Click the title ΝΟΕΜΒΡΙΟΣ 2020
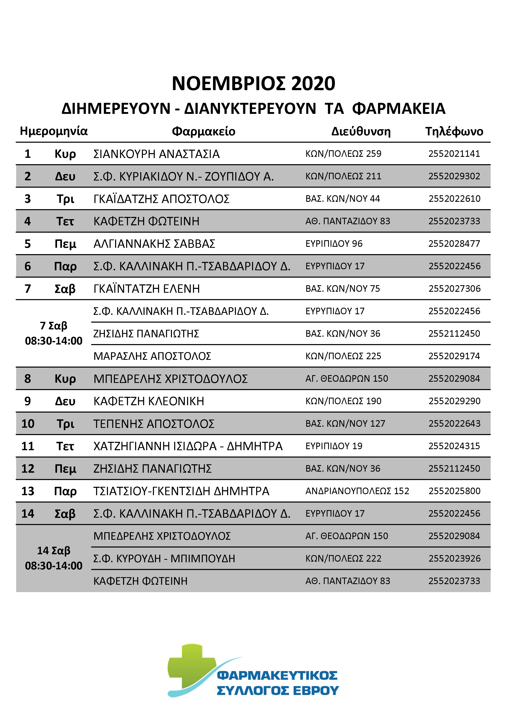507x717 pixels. (253, 83)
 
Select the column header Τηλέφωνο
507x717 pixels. (454, 131)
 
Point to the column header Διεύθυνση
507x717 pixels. (361, 131)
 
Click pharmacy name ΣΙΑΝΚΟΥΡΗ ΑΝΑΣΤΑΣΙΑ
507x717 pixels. (156, 154)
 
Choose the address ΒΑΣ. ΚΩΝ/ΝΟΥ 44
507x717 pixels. (342, 199)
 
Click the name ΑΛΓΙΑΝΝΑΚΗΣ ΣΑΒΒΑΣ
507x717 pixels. (154, 244)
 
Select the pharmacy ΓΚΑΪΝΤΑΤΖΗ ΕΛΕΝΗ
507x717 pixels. (146, 289)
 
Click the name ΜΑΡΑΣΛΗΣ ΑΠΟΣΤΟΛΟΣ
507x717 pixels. (152, 356)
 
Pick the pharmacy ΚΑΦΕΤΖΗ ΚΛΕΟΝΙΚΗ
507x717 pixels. (149, 401)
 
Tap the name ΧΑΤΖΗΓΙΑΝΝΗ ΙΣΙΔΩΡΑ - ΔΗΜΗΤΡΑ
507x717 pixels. (188, 446)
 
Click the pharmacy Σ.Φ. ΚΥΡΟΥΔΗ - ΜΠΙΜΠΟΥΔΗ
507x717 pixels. (164, 559)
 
